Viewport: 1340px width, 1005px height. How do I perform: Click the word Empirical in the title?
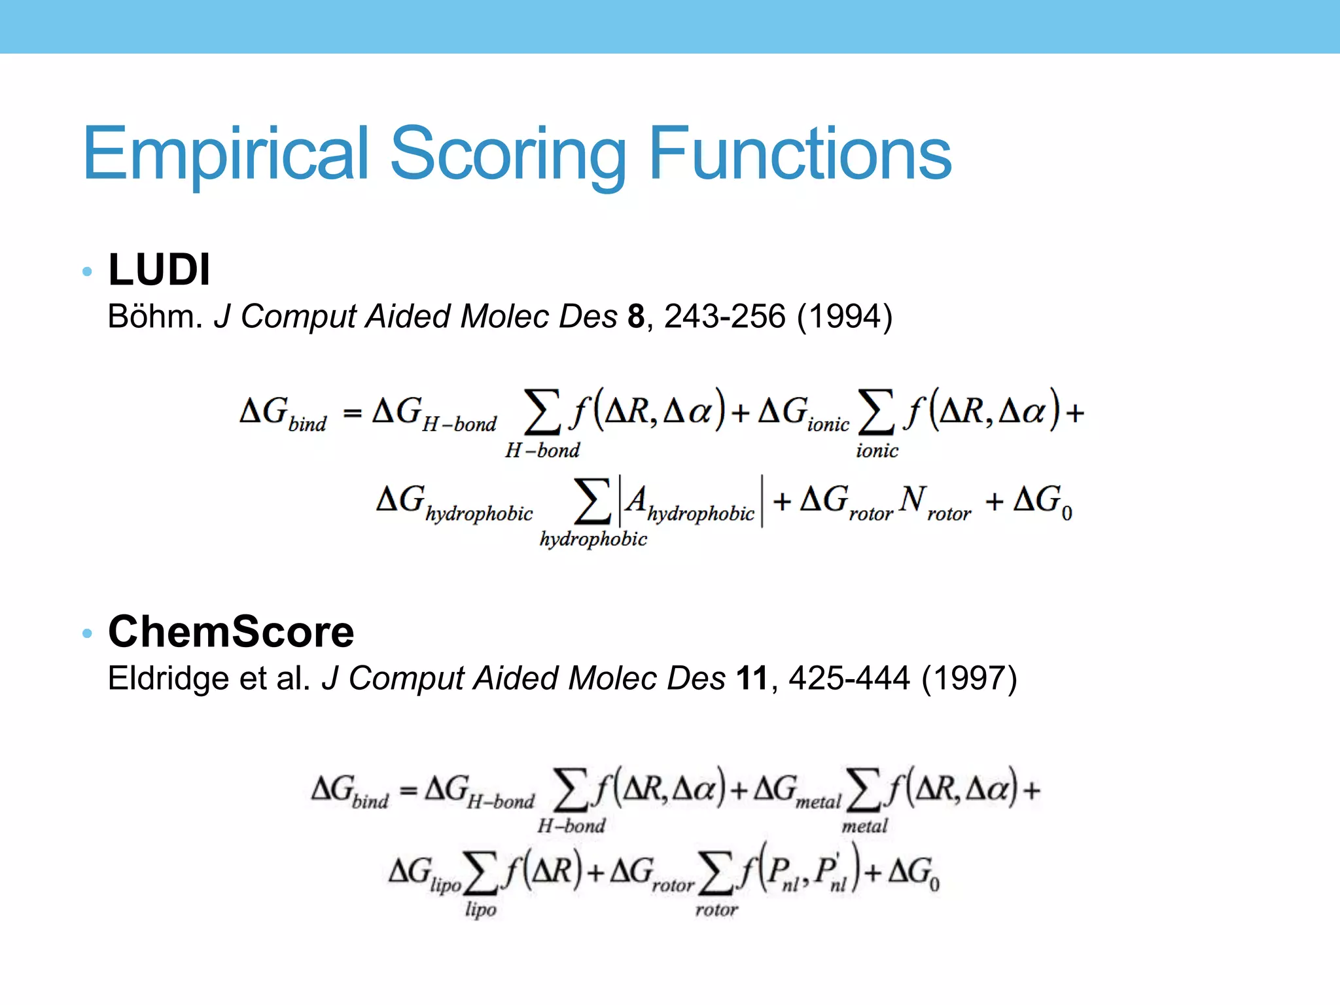pos(226,154)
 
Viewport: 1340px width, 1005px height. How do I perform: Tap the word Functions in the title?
pos(800,153)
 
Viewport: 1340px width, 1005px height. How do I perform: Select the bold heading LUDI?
pos(159,270)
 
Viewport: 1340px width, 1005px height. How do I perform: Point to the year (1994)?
pos(844,317)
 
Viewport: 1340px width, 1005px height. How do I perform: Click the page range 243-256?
pos(724,317)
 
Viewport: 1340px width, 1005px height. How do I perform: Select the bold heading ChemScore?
pos(231,632)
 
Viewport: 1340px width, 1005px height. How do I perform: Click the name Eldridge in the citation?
pos(167,679)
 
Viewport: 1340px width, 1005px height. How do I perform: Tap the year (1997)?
pos(969,679)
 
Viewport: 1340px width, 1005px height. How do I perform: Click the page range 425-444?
pos(849,679)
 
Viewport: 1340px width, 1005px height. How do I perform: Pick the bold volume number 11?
pos(752,679)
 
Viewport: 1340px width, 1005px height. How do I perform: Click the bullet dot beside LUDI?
pos(88,272)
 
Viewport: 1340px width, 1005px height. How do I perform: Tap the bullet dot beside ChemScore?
pos(88,633)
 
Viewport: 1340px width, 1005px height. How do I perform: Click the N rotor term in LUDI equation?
pos(934,502)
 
